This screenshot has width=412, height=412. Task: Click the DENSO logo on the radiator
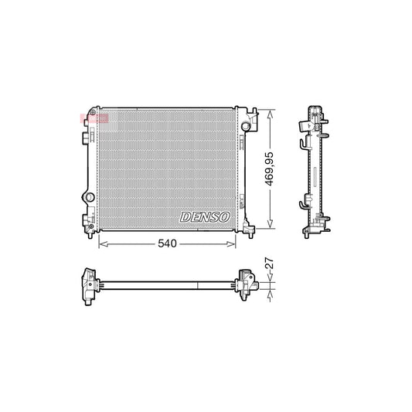pyautogui.click(x=205, y=216)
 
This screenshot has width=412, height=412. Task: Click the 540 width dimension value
pyautogui.click(x=169, y=243)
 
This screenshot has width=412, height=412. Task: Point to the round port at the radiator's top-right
pyautogui.click(x=246, y=125)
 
